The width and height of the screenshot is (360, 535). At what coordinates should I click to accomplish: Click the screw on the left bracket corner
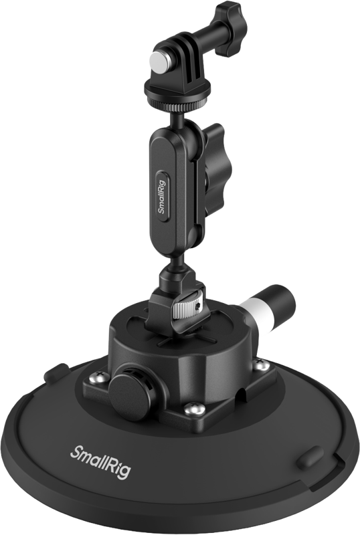pos(94,379)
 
